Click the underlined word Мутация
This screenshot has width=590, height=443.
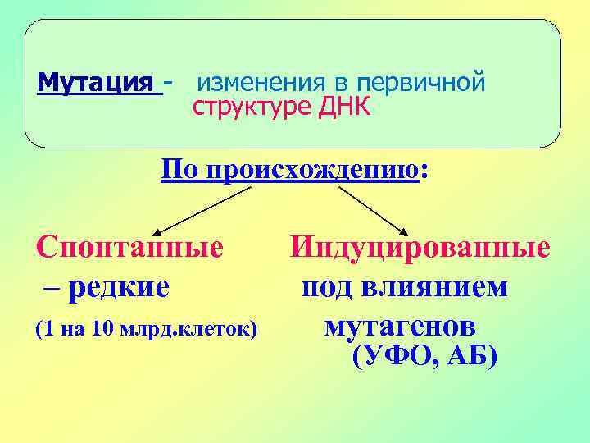[98, 84]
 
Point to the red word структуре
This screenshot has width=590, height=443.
[243, 107]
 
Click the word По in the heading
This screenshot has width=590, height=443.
[180, 171]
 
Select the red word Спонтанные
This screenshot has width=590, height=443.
[129, 247]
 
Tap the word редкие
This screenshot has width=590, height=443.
[119, 287]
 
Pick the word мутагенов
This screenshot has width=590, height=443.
[399, 327]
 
